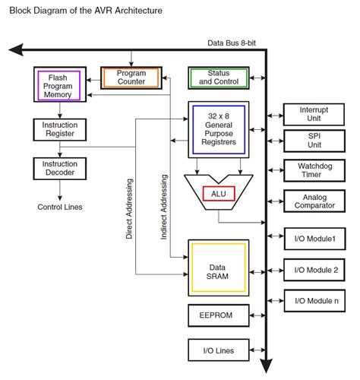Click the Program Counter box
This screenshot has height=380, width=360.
(x=131, y=78)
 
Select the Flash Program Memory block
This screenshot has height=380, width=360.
(x=60, y=84)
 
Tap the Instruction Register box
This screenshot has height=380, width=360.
(x=60, y=129)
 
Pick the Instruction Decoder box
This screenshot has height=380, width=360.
(x=60, y=169)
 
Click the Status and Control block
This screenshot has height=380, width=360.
(x=219, y=78)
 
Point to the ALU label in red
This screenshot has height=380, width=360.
(x=219, y=194)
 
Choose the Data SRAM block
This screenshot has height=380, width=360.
(x=219, y=268)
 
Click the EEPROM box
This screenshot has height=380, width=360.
(x=219, y=315)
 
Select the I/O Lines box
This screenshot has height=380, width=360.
(x=219, y=350)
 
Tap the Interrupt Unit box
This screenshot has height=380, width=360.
(x=314, y=114)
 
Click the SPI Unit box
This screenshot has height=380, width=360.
(x=314, y=141)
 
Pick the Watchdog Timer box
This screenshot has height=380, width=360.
(x=314, y=170)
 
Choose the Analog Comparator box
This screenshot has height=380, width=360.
(x=314, y=201)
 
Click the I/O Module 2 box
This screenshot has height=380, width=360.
(x=314, y=270)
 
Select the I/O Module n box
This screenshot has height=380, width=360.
(x=314, y=301)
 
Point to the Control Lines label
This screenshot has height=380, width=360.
(x=60, y=207)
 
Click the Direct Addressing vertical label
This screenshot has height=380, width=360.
(x=129, y=209)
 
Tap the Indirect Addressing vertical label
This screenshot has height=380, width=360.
(x=164, y=207)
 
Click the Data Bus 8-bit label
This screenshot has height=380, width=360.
(x=232, y=43)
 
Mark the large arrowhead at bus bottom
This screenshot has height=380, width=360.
(x=267, y=366)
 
